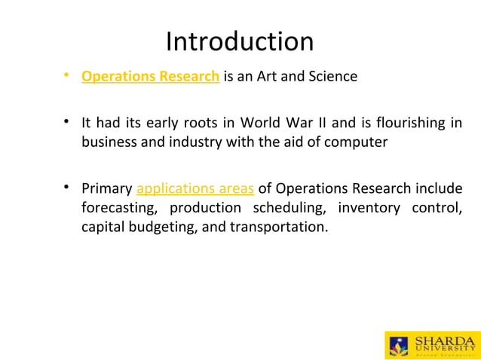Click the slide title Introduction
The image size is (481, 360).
[x=240, y=41]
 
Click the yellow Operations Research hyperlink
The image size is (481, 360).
[x=150, y=76]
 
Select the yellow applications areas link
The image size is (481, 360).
[x=195, y=188]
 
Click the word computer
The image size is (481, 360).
[x=357, y=142]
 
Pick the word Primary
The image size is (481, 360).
[x=106, y=188]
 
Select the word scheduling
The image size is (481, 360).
[x=289, y=207]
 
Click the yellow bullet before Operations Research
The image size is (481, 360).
[x=67, y=75]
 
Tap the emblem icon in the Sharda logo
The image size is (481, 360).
[x=398, y=346]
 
